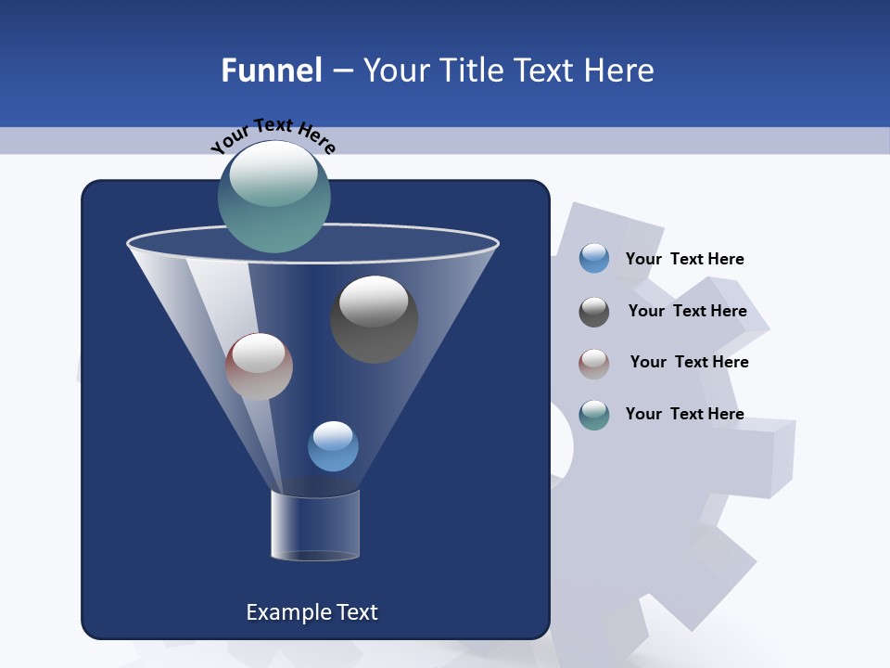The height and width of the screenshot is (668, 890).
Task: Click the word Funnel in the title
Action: click(x=271, y=71)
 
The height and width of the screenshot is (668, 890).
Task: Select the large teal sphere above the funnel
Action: click(x=273, y=197)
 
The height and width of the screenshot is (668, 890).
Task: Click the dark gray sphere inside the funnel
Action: click(x=374, y=320)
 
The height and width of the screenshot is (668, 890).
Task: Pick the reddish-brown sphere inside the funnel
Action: click(x=259, y=366)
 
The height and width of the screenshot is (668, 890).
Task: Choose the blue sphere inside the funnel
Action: click(x=333, y=446)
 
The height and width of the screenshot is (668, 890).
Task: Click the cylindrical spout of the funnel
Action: click(x=314, y=524)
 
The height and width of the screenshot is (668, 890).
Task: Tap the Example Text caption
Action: click(x=311, y=612)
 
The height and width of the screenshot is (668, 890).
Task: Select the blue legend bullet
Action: click(x=594, y=259)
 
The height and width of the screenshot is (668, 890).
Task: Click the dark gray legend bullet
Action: click(x=594, y=312)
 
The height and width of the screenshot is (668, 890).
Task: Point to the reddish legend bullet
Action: click(x=594, y=364)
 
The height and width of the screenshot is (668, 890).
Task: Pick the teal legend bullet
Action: click(x=594, y=415)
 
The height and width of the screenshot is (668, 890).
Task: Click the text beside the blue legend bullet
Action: click(x=684, y=259)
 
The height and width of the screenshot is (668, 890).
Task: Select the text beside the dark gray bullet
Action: click(x=687, y=311)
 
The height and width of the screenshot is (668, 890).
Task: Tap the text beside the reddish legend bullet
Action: click(x=689, y=362)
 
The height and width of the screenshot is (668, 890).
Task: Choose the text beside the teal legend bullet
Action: click(x=684, y=414)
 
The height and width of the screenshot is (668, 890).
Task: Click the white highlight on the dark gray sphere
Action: click(x=374, y=301)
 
